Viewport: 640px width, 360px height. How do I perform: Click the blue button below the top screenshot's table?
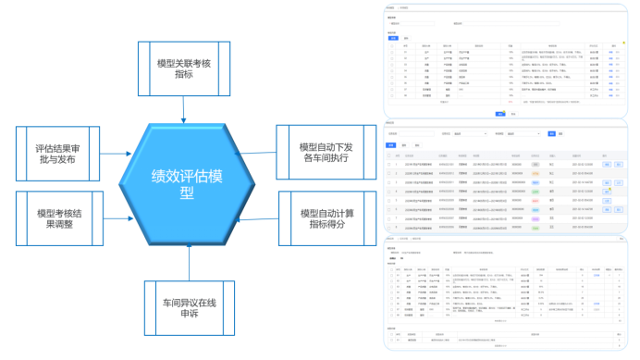click(x=499, y=114)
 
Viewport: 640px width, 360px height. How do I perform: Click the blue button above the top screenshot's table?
click(x=392, y=38)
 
